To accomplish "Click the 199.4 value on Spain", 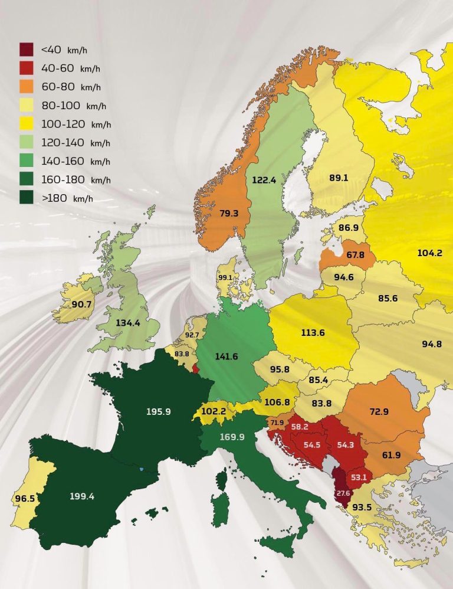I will (x=82, y=496).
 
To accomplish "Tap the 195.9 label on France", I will (x=159, y=411).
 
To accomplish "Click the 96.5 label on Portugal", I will (x=24, y=499).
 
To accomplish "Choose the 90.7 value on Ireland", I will (x=81, y=304).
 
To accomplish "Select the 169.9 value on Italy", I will (x=231, y=437).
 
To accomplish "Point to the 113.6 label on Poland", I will (x=313, y=332).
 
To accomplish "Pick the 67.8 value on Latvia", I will (x=339, y=255).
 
